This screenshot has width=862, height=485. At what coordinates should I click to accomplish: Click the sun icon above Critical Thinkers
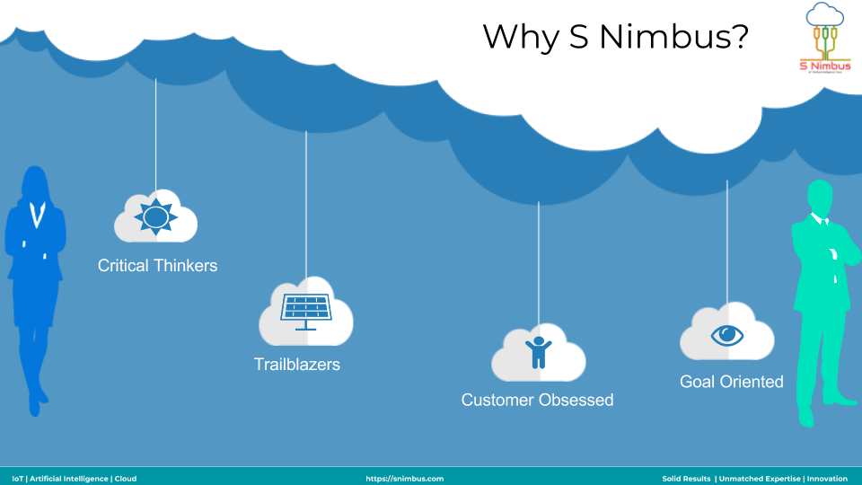(155, 216)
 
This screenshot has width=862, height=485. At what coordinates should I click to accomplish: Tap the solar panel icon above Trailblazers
(305, 308)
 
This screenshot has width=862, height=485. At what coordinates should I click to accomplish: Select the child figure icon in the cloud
(538, 351)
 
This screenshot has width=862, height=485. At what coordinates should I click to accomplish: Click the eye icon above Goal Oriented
(727, 334)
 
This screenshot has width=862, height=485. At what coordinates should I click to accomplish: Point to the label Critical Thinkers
(157, 266)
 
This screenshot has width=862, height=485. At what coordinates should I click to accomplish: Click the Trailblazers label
(297, 365)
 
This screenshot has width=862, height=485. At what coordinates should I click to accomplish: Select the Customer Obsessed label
(537, 400)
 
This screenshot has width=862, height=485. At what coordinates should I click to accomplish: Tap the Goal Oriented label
(732, 382)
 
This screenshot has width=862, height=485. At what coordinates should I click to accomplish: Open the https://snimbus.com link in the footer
(404, 479)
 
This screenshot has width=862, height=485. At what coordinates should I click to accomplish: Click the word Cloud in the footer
(126, 479)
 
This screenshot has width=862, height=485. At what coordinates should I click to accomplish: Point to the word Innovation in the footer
(827, 479)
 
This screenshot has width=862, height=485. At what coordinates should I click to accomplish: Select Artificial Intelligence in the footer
(68, 479)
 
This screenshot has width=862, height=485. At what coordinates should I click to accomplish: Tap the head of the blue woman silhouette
(35, 183)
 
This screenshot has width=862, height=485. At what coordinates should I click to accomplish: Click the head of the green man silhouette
(819, 198)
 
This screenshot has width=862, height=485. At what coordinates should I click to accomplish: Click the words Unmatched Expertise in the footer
(759, 479)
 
